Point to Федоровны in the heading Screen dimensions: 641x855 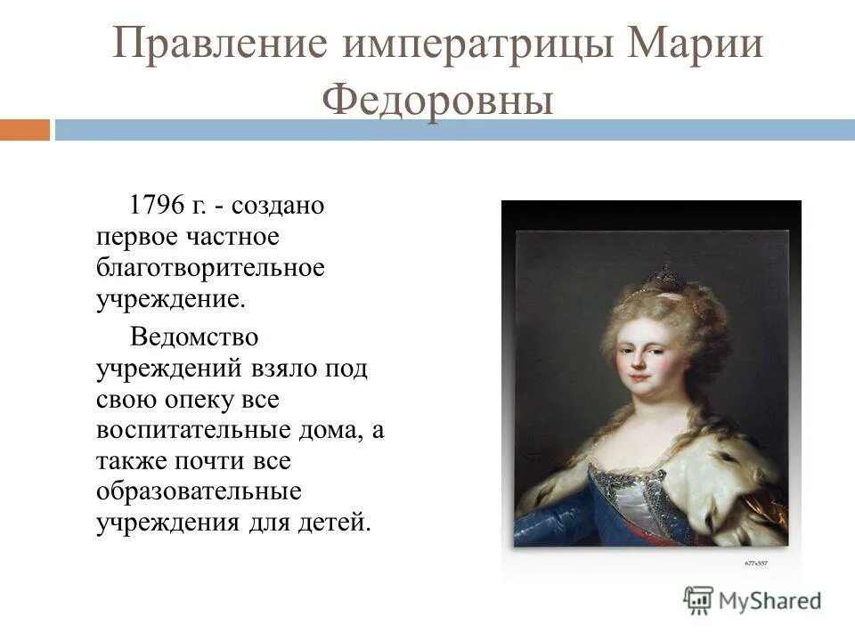[x=437, y=101]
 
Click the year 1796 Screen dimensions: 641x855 [x=157, y=206]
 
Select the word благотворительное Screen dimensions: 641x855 [x=210, y=266]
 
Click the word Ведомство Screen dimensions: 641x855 [x=195, y=337]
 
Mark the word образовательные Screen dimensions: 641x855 [x=199, y=491]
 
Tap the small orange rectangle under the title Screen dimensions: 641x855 [x=25, y=130]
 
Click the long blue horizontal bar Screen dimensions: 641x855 [x=454, y=130]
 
